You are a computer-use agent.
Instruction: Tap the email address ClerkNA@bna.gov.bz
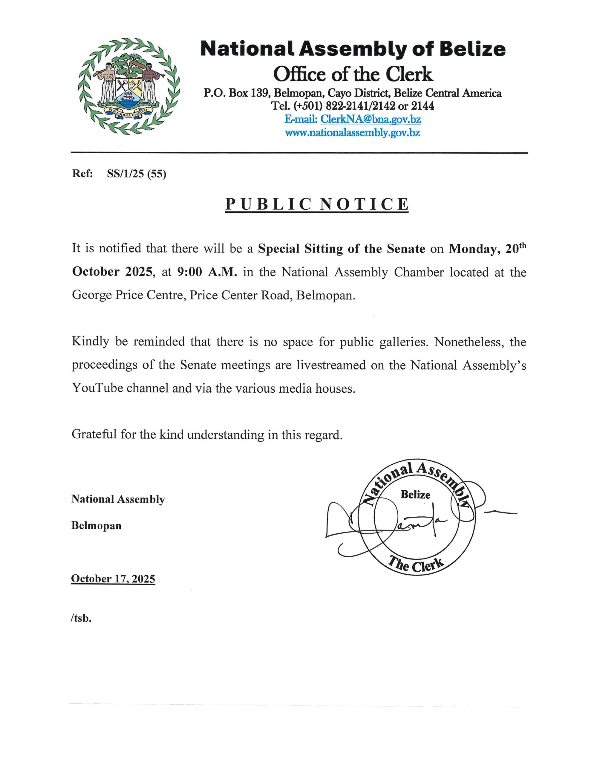pyautogui.click(x=370, y=120)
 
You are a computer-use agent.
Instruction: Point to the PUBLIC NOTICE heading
pyautogui.click(x=317, y=204)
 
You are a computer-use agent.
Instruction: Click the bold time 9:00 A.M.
pyautogui.click(x=207, y=272)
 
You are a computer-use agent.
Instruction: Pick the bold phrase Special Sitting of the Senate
pyautogui.click(x=341, y=249)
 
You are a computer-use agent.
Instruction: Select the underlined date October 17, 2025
pyautogui.click(x=113, y=579)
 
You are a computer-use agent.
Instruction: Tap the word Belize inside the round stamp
pyautogui.click(x=416, y=495)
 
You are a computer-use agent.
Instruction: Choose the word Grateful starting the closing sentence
pyautogui.click(x=94, y=435)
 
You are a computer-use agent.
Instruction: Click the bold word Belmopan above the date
pyautogui.click(x=96, y=526)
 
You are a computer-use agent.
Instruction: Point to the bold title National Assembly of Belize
pyautogui.click(x=353, y=49)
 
